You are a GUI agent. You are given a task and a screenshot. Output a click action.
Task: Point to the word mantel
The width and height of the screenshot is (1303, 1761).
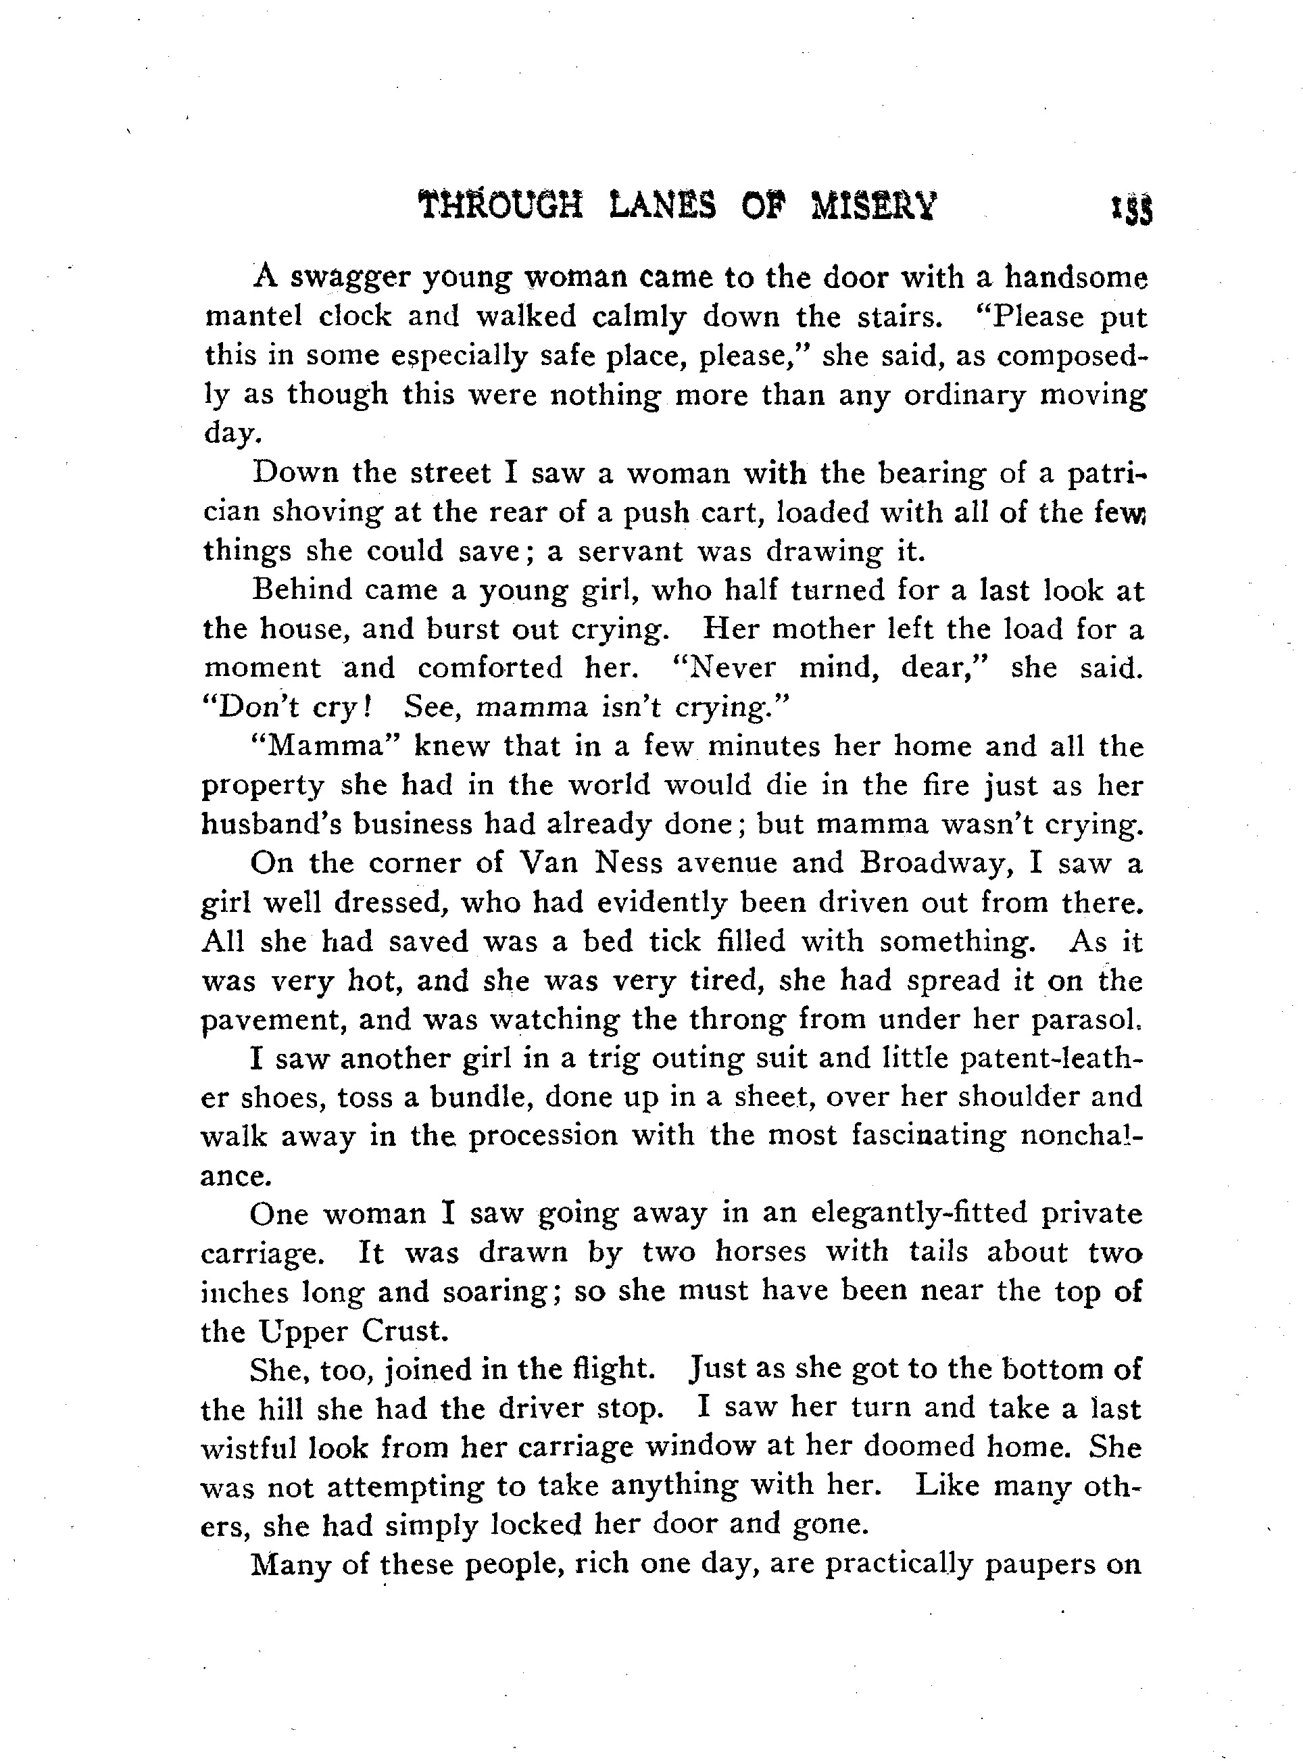[253, 316]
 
